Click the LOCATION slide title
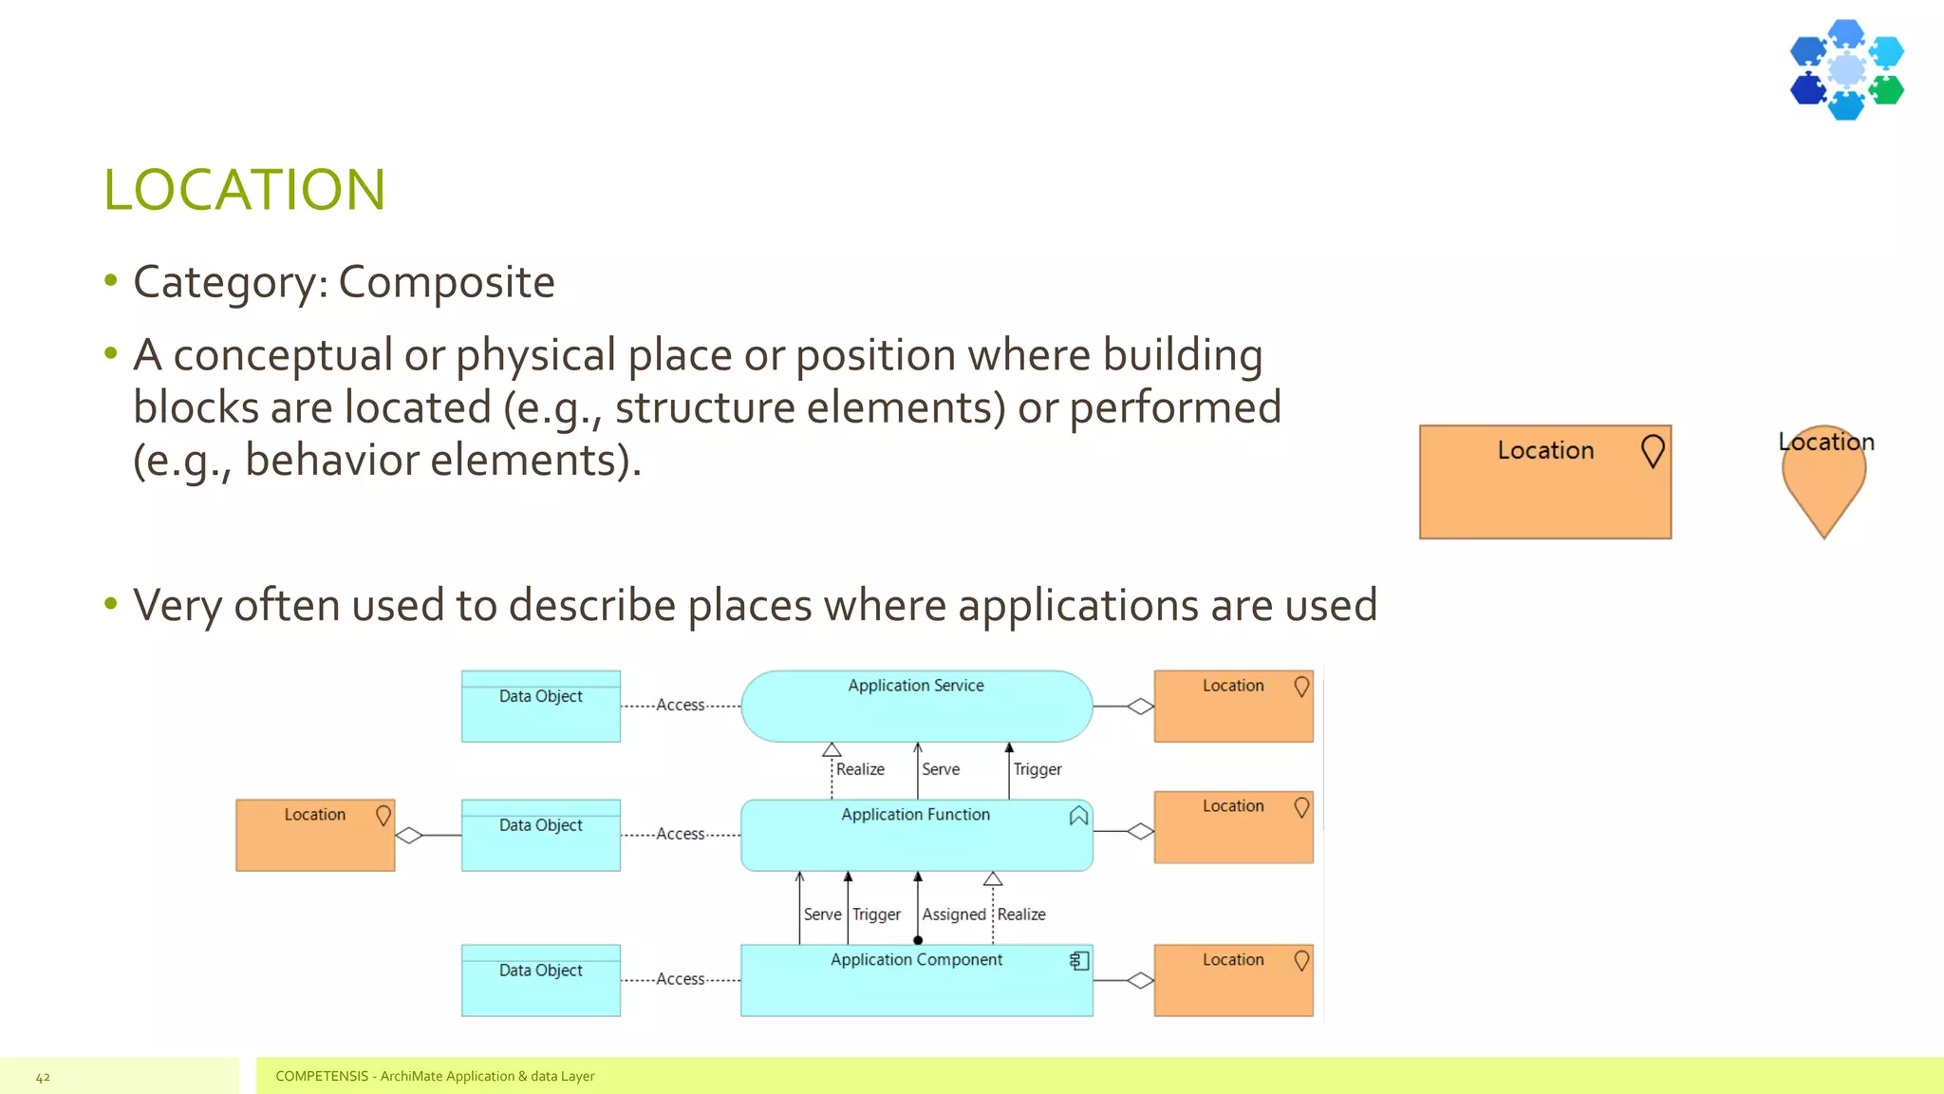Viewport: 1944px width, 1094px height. point(244,190)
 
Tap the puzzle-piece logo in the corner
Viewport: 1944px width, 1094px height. point(1846,69)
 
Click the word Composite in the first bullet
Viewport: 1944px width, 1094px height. point(446,282)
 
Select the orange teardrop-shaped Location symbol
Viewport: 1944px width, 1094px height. point(1823,484)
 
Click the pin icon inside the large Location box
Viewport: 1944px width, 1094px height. point(1653,451)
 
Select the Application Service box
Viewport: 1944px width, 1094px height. point(916,707)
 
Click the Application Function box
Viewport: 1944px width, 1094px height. point(916,836)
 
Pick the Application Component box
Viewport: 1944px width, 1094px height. point(916,981)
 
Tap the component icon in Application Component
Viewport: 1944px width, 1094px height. point(1079,961)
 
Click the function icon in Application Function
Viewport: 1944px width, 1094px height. point(1078,817)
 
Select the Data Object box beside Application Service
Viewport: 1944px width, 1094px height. point(541,707)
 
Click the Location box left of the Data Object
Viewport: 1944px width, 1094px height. point(315,835)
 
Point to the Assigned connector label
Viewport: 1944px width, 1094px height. point(954,915)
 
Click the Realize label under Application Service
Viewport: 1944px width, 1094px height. point(860,769)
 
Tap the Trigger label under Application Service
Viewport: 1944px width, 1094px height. point(1037,769)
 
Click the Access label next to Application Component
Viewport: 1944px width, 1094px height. point(681,979)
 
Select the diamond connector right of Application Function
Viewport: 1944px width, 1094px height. point(1140,832)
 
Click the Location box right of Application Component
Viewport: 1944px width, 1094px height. point(1233,980)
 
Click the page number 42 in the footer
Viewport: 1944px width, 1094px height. point(43,1077)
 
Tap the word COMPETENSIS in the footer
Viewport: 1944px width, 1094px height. point(322,1076)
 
